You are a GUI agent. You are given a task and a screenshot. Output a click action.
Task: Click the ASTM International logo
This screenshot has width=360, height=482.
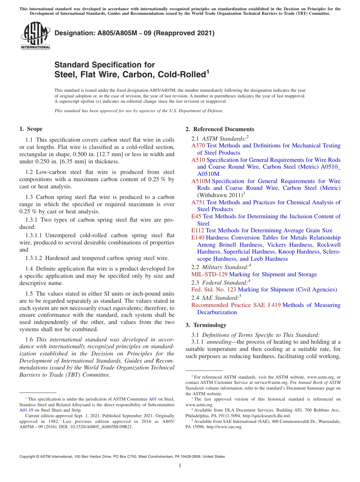pos(35,36)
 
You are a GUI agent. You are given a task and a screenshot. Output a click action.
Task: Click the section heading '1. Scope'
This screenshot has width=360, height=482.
pos(31,129)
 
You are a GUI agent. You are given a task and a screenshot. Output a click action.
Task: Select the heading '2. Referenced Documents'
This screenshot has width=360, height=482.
pos(220,129)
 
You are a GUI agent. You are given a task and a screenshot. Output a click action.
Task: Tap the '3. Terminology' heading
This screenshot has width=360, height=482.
pos(206,325)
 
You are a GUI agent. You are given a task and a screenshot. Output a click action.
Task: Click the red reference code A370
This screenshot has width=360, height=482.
pos(198,146)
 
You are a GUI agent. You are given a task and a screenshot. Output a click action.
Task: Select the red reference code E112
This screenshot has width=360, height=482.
pos(198,230)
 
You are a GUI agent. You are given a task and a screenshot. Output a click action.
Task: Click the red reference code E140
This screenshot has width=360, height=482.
pos(198,238)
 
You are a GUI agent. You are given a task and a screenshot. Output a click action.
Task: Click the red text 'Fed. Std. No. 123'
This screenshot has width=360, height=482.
pos(214,290)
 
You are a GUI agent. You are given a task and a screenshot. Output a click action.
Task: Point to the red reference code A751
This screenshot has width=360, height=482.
pos(198,202)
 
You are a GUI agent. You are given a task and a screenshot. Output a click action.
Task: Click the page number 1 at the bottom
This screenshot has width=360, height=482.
pos(180,465)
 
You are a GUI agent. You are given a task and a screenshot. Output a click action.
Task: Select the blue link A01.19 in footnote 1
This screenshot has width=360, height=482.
pos(26,410)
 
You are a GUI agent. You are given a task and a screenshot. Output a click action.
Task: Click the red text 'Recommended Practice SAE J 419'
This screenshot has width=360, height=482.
pos(236,305)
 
